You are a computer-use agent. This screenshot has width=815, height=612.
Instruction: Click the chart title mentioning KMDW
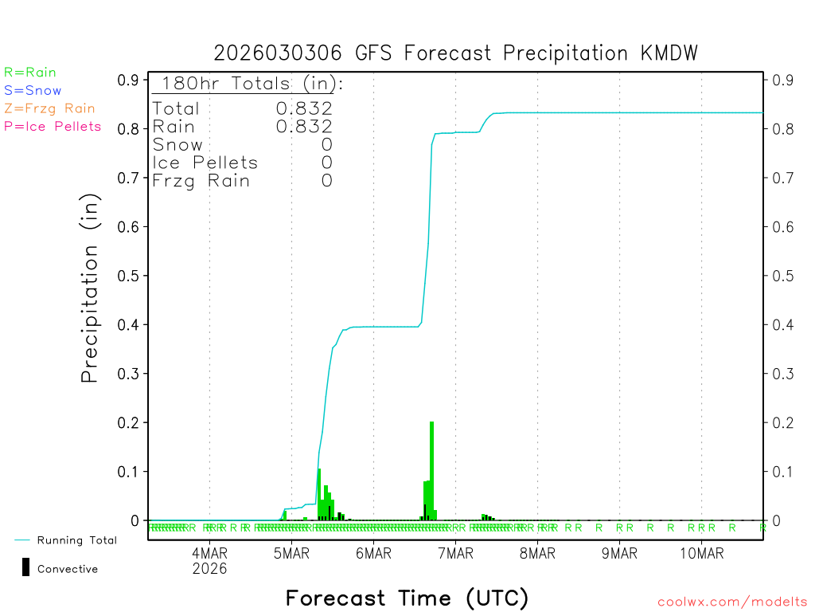coord(455,53)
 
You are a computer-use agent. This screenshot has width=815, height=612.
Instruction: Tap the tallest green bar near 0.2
coord(431,470)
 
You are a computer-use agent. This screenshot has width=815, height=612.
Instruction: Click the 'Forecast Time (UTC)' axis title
coord(407,598)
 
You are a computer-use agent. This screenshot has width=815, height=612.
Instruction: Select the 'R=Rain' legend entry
coord(30,73)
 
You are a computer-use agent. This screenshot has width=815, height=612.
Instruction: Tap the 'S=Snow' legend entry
coord(33,91)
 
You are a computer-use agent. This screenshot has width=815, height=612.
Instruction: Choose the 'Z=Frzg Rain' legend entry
coord(49,108)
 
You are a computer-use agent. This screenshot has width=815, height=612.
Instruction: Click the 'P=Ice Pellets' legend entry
coord(53,126)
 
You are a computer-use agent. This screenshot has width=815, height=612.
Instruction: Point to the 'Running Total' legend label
coord(76,540)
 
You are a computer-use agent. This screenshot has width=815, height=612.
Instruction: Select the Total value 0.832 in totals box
coord(304,108)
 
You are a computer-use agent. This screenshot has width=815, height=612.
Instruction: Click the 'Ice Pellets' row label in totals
coord(205,163)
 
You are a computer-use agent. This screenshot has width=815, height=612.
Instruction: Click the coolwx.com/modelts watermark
coord(732,602)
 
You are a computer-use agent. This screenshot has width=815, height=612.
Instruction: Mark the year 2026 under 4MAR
coord(209,569)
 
